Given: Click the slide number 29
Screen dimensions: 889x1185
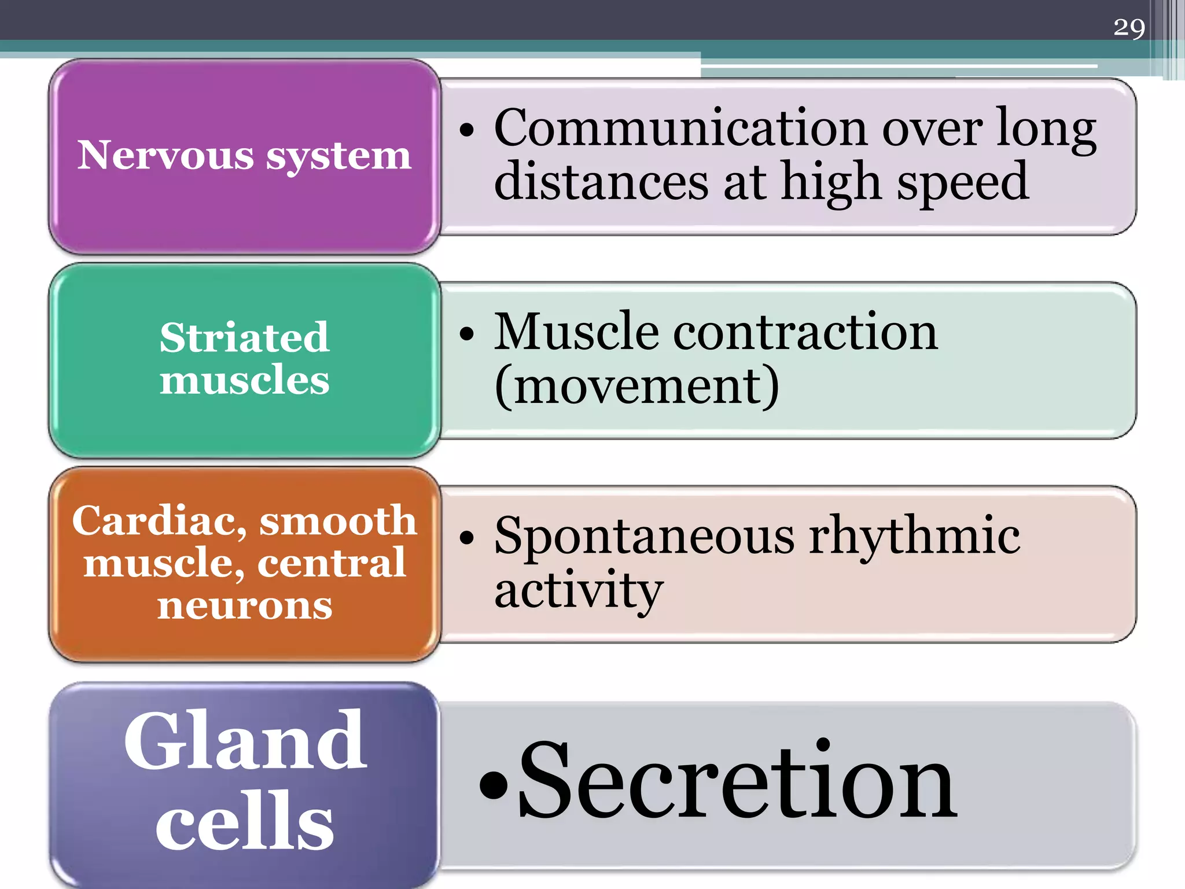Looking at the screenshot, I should pyautogui.click(x=1129, y=27).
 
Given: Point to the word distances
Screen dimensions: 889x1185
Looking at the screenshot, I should pyautogui.click(x=601, y=182).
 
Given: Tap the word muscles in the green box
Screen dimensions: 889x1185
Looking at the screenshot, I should pyautogui.click(x=244, y=380).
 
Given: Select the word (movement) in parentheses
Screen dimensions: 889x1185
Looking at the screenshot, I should pyautogui.click(x=637, y=386).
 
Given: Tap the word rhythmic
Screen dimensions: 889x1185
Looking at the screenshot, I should pyautogui.click(x=914, y=536).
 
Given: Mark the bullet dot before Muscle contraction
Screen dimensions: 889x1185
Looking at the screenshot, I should pyautogui.click(x=466, y=334).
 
